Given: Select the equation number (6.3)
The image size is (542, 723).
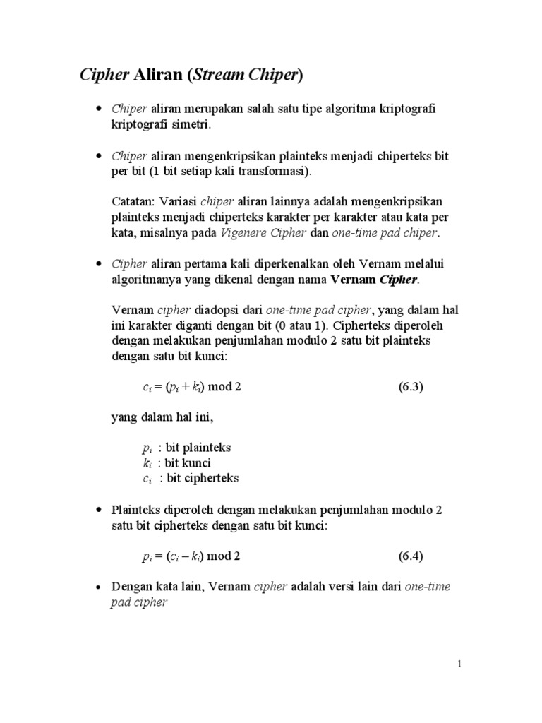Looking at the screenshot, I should [410, 387].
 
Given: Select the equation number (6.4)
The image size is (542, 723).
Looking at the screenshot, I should [410, 556].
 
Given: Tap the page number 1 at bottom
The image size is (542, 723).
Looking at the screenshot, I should [459, 664].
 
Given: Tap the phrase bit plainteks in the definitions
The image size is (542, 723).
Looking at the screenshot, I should [198, 448].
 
